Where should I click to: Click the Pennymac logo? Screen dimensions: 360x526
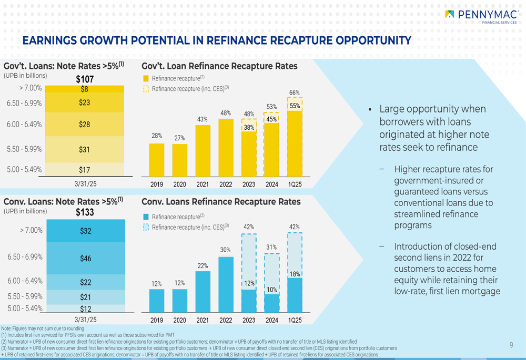(481, 16)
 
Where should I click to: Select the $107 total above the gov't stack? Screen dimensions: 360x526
(85, 79)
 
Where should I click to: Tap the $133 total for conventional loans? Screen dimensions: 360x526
(85, 212)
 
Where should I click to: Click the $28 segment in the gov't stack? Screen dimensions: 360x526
(85, 125)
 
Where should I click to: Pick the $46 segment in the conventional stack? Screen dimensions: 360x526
(85, 258)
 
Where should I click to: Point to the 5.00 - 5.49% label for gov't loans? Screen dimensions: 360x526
(24, 169)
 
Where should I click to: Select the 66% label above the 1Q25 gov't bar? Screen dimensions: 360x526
(295, 93)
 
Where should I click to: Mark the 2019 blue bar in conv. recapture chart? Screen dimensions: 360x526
(157, 301)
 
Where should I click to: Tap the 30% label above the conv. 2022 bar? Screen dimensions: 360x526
(226, 250)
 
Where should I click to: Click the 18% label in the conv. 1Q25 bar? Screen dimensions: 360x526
(295, 274)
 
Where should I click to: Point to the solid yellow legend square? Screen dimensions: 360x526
(146, 78)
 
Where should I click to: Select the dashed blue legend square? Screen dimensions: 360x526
(146, 227)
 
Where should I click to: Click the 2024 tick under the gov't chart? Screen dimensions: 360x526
(272, 184)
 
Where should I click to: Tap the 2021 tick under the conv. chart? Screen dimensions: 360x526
(203, 320)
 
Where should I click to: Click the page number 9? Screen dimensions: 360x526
(511, 345)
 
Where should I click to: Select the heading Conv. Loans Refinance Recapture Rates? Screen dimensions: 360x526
(221, 202)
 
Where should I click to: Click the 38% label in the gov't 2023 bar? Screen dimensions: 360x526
(249, 127)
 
